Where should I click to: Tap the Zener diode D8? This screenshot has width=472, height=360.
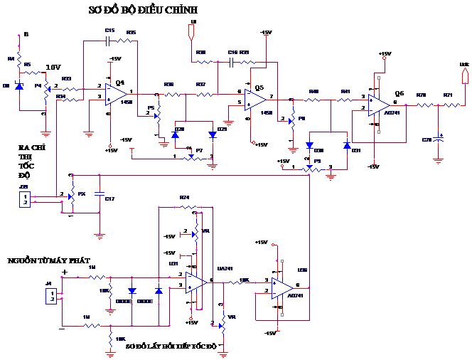coord(20,86)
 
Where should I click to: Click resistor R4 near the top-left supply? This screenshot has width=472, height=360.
coord(19,55)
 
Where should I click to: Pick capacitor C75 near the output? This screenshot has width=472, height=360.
coord(438,137)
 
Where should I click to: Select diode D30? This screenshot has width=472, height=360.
coord(310,145)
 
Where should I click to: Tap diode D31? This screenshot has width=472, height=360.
coord(347,145)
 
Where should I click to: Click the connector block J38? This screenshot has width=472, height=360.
coord(26,198)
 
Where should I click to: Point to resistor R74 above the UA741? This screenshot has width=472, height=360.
coord(184,207)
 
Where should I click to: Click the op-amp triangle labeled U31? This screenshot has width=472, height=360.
coord(195,283)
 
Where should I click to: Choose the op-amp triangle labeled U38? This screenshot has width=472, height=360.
coord(281,288)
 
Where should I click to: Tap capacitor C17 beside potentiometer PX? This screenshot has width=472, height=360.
coord(100,194)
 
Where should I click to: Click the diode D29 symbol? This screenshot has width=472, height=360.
coord(212,134)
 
